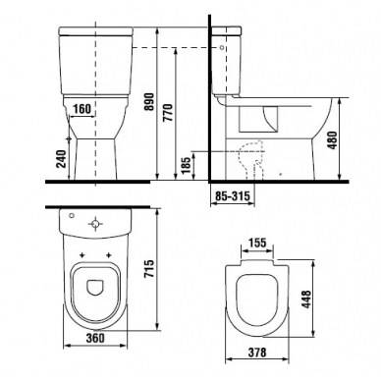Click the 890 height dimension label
click(149, 102)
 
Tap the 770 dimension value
click(168, 113)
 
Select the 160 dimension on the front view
click(82, 109)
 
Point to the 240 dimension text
click(62, 159)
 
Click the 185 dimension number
click(186, 166)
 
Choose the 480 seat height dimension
click(332, 140)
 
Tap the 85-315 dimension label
click(233, 195)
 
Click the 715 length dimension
click(148, 269)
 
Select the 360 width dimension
click(95, 338)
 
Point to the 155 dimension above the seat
click(257, 243)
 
